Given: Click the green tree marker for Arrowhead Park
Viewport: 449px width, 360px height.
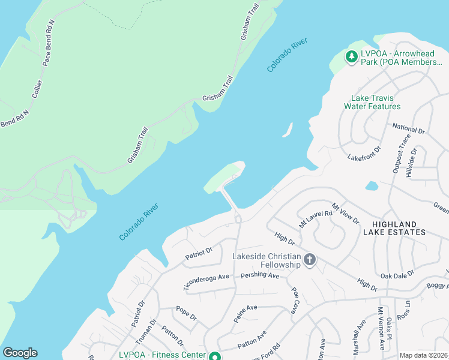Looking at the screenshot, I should click(351, 57).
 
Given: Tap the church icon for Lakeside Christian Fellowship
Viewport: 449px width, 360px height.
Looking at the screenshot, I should click(310, 260).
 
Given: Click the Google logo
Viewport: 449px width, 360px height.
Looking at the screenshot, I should click(20, 353).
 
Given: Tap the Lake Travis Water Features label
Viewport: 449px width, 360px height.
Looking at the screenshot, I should click(372, 102).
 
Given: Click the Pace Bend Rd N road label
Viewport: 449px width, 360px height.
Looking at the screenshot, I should click(49, 42).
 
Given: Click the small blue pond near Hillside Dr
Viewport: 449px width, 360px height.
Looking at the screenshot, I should click(372, 186).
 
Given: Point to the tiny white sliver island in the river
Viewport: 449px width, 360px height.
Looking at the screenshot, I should click(288, 130).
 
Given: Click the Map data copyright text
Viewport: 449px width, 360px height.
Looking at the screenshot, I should click(423, 355).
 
